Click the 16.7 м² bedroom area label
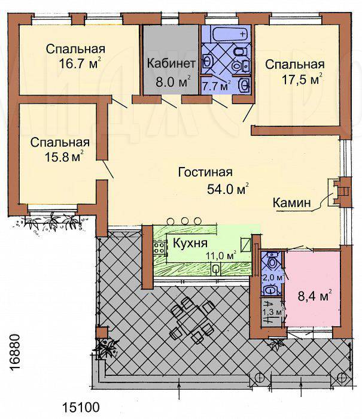coord(80,63)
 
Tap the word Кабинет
coord(171,64)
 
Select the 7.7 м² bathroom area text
coord(216,86)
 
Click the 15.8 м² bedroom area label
coord(64,156)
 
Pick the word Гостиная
coord(205,172)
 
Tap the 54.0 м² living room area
coord(228,189)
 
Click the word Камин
coord(292,203)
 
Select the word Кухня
coord(190,243)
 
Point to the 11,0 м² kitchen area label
coord(221,255)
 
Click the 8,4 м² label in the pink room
coord(315,296)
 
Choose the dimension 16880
coord(16,352)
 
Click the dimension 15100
coord(81,408)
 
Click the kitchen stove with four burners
coord(159,247)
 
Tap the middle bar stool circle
coord(184,221)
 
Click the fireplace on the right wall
coord(339,192)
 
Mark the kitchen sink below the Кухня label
coord(216,269)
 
